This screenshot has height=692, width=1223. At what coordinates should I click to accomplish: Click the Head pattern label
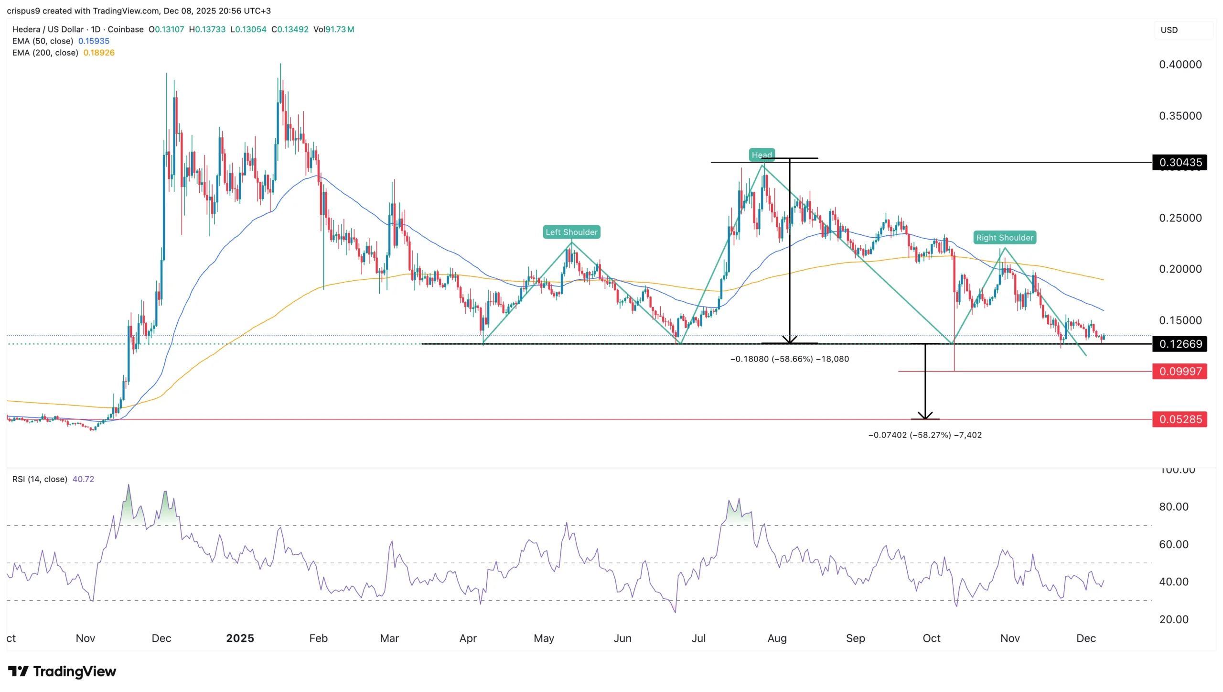(x=761, y=155)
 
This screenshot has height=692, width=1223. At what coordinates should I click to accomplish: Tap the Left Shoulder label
(x=571, y=232)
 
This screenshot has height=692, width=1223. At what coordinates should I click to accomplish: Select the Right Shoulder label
(x=1005, y=238)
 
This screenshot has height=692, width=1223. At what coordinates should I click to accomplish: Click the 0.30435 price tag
(x=1180, y=163)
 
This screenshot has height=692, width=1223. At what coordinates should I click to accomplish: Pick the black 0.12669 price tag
(x=1180, y=344)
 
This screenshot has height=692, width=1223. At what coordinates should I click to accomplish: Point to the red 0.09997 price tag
(x=1180, y=372)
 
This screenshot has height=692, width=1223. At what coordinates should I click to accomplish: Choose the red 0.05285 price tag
(x=1180, y=419)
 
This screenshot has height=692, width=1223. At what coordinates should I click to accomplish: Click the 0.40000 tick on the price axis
(x=1180, y=65)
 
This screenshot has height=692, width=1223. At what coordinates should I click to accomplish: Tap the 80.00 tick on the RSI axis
(x=1173, y=507)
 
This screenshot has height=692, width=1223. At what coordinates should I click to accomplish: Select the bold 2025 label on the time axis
(x=240, y=638)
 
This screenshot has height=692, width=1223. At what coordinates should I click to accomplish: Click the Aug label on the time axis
(x=777, y=638)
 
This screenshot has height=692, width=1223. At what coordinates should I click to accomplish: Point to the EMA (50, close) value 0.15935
(x=94, y=41)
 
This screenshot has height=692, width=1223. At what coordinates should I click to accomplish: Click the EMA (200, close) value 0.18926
(x=99, y=53)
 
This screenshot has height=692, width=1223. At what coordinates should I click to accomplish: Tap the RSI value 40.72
(x=83, y=479)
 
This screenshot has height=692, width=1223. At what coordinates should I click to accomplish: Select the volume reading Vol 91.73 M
(x=333, y=29)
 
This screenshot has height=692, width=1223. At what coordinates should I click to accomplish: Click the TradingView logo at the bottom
(x=62, y=671)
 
